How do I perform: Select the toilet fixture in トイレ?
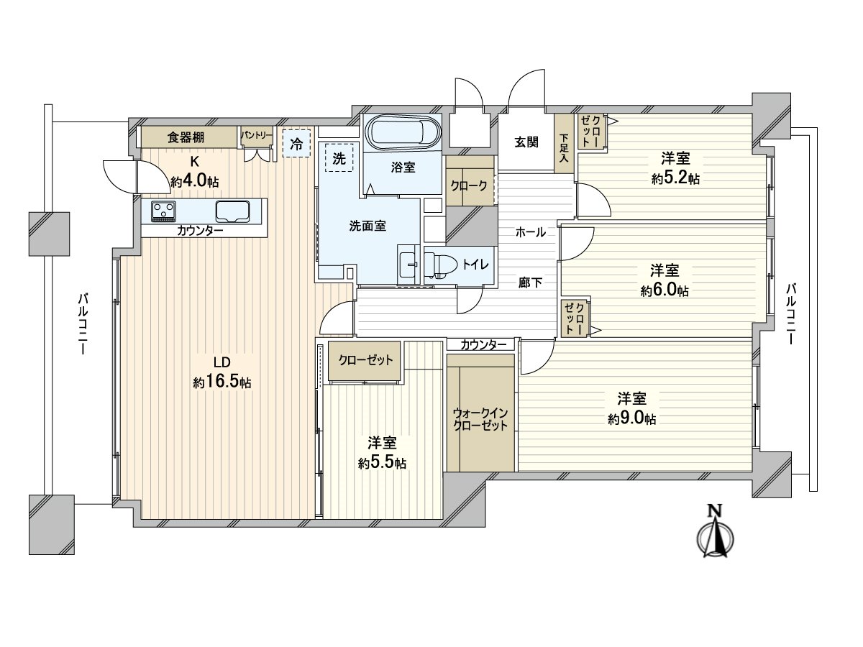pos(440,265)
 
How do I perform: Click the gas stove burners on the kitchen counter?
pos(163,211)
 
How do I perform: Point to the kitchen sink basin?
pos(232,211)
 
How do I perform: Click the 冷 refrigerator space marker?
pos(296,142)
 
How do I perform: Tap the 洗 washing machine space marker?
pos(339,159)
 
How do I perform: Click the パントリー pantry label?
pos(257,135)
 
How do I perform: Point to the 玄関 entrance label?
pos(526,142)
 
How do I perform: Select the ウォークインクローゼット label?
pos(480,418)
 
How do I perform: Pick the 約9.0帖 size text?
pos(631,418)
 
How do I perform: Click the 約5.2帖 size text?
pos(675,179)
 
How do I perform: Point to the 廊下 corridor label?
pos(530,283)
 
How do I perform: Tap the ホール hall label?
pos(530,232)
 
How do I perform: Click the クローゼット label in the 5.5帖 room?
pos(365,360)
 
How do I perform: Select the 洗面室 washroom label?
pos(367,226)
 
